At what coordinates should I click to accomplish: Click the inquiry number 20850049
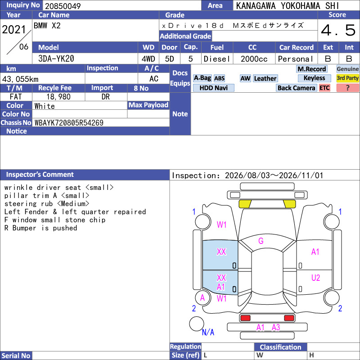coord(63,6)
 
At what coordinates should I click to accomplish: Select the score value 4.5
coord(338,30)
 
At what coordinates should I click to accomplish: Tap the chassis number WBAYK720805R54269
coord(69,123)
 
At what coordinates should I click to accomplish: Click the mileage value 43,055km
coord(20,79)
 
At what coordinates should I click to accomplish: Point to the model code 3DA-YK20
coord(56,59)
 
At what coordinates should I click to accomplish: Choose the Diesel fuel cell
coord(217,59)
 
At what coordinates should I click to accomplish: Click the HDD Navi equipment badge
coord(213,88)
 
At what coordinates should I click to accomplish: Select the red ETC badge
coord(324,88)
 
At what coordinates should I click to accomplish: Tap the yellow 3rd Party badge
coord(347,78)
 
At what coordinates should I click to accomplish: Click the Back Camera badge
coord(296,88)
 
